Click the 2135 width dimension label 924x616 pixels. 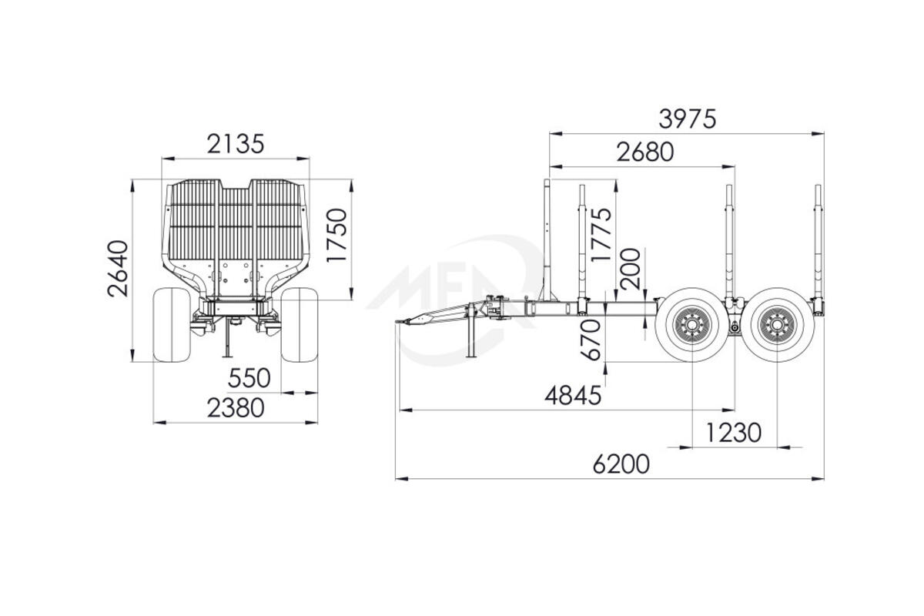point(235,143)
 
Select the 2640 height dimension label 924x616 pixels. point(118,268)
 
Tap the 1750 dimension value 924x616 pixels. point(336,235)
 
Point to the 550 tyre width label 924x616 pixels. point(249,377)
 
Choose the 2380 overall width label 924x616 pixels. point(236,407)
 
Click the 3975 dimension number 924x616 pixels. point(687,119)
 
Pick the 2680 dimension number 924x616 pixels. point(645,152)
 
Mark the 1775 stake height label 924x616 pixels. point(601,234)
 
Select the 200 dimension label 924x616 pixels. point(630,269)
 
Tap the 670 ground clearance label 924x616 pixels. point(591,340)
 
